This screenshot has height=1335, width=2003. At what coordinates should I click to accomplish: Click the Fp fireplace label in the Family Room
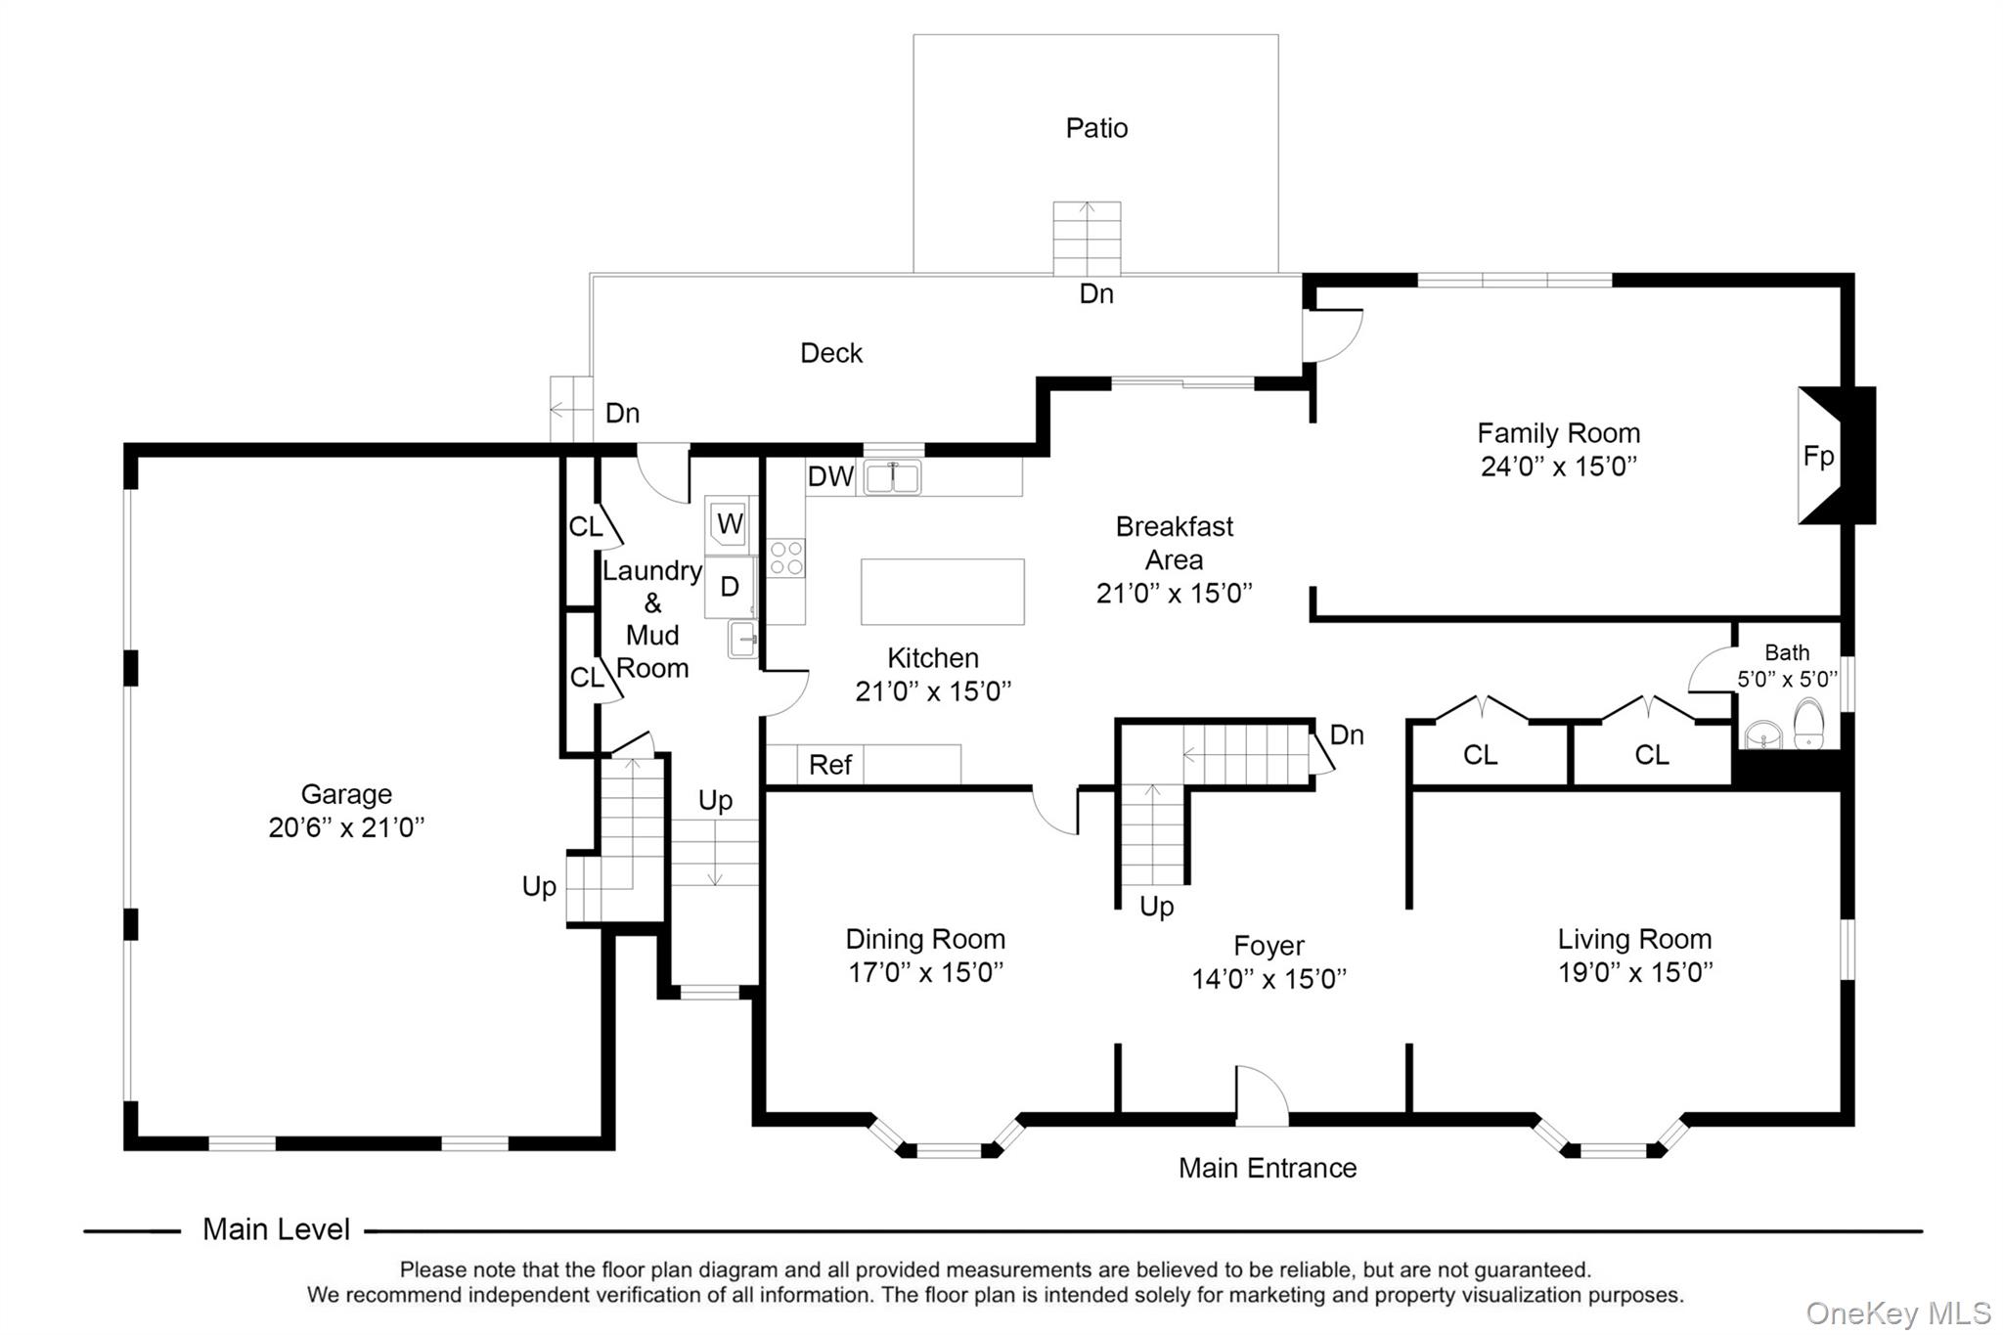(1818, 457)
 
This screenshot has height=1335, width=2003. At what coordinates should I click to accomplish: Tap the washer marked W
(730, 524)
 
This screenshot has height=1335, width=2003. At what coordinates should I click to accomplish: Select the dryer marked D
(730, 587)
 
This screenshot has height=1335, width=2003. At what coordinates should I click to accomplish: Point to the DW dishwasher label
(830, 477)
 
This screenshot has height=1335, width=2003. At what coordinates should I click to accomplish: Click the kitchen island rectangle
(942, 592)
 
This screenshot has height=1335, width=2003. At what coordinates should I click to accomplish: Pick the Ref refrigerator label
(830, 765)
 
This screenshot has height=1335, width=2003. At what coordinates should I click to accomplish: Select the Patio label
(1096, 128)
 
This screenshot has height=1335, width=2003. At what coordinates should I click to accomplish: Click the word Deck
(831, 353)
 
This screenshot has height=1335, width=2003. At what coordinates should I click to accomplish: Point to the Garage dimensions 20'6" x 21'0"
(346, 827)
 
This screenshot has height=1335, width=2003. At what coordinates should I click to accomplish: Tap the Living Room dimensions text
(1635, 972)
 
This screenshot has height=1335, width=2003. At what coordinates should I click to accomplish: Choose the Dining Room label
(925, 939)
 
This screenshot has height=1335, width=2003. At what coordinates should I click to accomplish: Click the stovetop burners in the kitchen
(786, 557)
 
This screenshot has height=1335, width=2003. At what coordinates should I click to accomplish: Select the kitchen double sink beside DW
(892, 477)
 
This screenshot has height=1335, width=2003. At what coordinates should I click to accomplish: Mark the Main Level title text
(276, 1229)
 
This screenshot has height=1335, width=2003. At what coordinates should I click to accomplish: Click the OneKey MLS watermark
(1897, 1313)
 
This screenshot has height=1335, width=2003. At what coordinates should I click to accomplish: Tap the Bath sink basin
(1762, 734)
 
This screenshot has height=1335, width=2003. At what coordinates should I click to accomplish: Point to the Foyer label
(1269, 946)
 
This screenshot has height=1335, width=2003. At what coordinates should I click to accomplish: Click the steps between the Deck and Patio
(1087, 239)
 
